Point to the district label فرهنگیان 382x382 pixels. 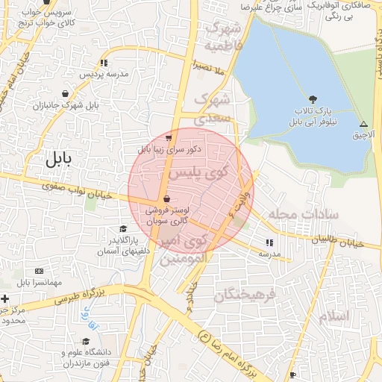(x=245, y=295)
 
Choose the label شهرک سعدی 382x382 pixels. (x=216, y=108)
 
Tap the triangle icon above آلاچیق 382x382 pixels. (x=363, y=124)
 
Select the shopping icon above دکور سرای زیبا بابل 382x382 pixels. (x=169, y=137)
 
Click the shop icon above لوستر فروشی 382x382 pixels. (x=165, y=198)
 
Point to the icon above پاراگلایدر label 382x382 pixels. (x=122, y=229)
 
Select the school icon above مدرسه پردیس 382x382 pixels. (x=104, y=63)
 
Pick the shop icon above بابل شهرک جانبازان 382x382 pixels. (x=66, y=93)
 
